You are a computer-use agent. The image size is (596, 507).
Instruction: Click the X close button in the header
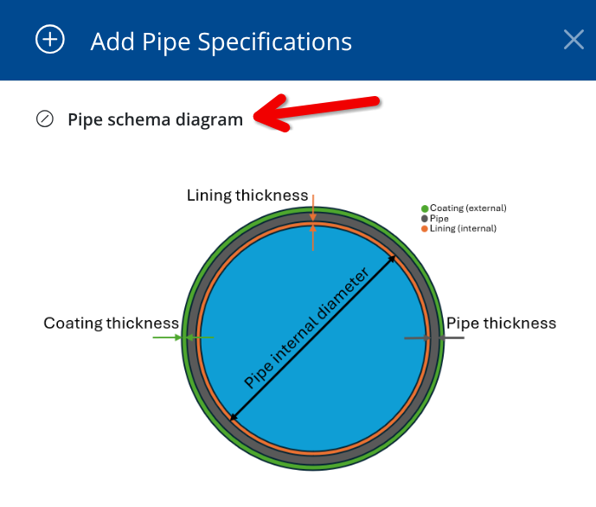574,40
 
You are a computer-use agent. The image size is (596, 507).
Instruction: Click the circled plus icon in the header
50,39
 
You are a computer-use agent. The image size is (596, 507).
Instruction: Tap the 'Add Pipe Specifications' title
221,42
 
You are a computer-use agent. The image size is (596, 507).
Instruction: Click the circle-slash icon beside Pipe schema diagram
44,119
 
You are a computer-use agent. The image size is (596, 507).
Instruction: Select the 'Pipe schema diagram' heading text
155,119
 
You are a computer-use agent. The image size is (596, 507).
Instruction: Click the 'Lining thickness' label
247,196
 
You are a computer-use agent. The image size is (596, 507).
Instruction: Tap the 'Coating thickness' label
111,324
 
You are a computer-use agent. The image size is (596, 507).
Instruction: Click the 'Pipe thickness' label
501,324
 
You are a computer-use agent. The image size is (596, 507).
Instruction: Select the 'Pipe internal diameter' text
306,328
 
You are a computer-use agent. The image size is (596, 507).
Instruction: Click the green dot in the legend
425,209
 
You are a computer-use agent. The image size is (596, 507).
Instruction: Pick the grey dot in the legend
425,219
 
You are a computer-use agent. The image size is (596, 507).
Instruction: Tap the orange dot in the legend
425,228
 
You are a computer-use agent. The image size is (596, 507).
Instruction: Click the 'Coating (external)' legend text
468,209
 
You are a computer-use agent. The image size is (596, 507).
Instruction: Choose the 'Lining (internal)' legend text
463,228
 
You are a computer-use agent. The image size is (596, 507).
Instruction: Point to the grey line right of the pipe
452,337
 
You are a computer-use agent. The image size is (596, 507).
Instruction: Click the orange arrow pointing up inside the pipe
313,238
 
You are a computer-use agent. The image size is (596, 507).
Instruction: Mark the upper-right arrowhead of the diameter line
392,260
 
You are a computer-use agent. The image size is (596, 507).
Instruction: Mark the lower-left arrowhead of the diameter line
234,417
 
